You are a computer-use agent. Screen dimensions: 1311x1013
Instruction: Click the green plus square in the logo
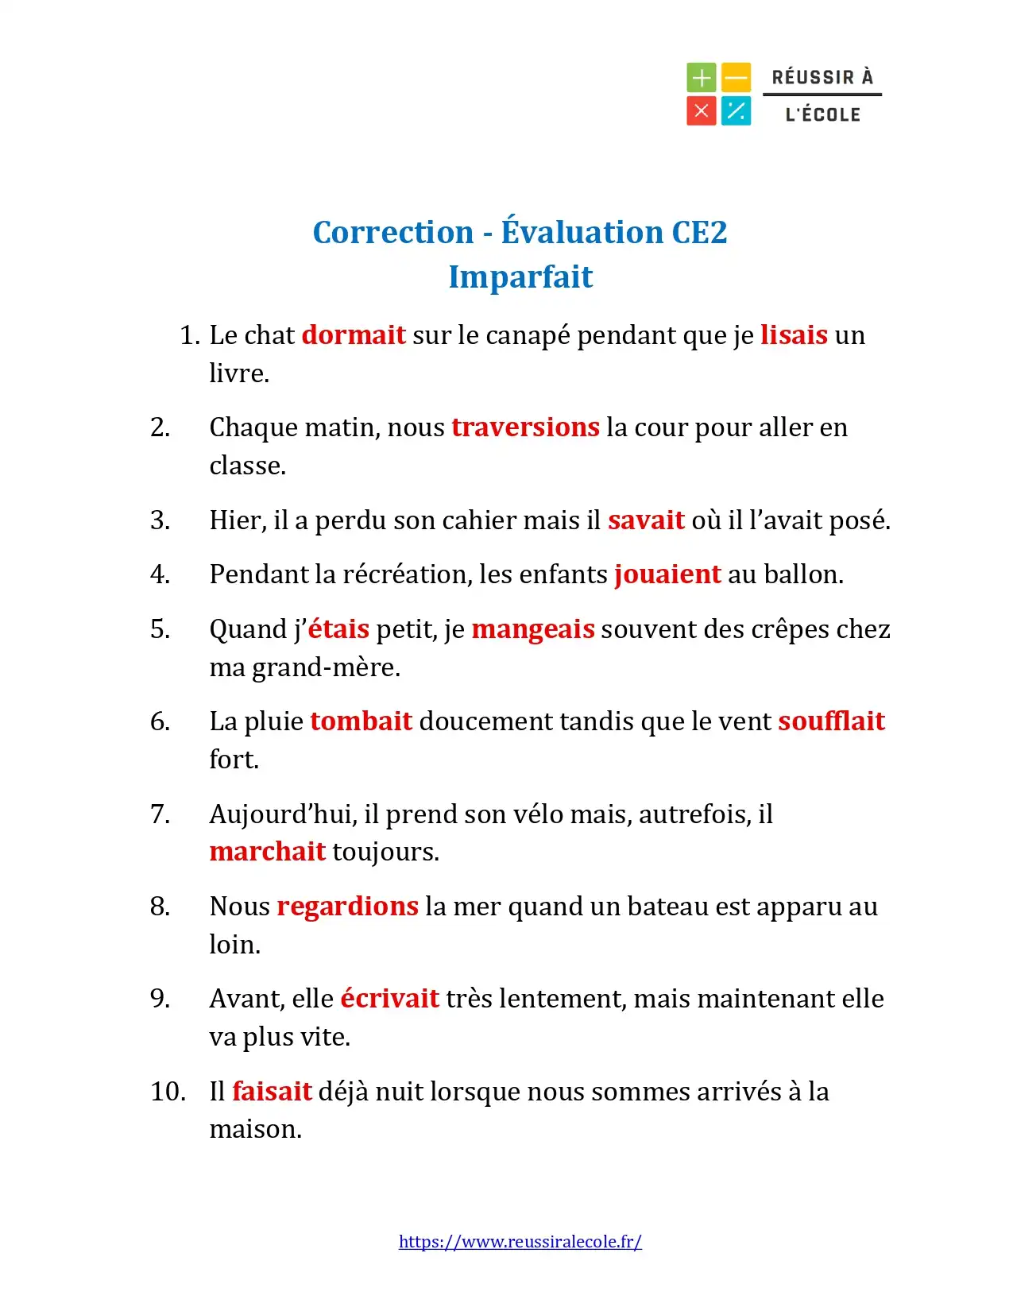tap(701, 78)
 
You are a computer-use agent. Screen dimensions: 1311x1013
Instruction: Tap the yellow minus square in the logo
tap(736, 78)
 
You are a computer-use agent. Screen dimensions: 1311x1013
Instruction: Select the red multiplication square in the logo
tap(701, 111)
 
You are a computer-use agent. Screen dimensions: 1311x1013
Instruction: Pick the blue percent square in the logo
tap(736, 111)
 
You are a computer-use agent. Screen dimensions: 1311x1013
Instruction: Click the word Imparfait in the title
tap(520, 277)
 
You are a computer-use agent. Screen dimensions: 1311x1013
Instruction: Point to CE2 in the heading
tap(699, 232)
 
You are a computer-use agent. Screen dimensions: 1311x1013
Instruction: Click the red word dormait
tap(354, 335)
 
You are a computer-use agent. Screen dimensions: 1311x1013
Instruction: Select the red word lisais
tap(794, 335)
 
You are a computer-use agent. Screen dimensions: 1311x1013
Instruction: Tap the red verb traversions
tap(525, 427)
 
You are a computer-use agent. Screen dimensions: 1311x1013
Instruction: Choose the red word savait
tap(646, 520)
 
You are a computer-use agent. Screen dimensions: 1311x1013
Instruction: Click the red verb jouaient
tap(667, 574)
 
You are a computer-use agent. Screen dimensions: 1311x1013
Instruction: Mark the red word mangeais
tap(533, 629)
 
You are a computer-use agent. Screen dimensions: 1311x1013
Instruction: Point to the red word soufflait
tap(831, 721)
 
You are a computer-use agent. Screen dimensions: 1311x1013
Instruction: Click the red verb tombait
tap(361, 721)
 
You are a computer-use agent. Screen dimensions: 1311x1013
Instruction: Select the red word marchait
tap(268, 852)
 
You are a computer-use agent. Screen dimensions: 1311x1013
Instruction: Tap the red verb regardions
tap(347, 907)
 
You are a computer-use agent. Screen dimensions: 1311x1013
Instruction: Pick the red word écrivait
tap(389, 999)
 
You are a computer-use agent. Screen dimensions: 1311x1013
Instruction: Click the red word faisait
tap(272, 1092)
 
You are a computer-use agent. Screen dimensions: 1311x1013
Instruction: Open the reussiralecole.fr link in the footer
tap(520, 1242)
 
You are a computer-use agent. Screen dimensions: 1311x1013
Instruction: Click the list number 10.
tap(168, 1092)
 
